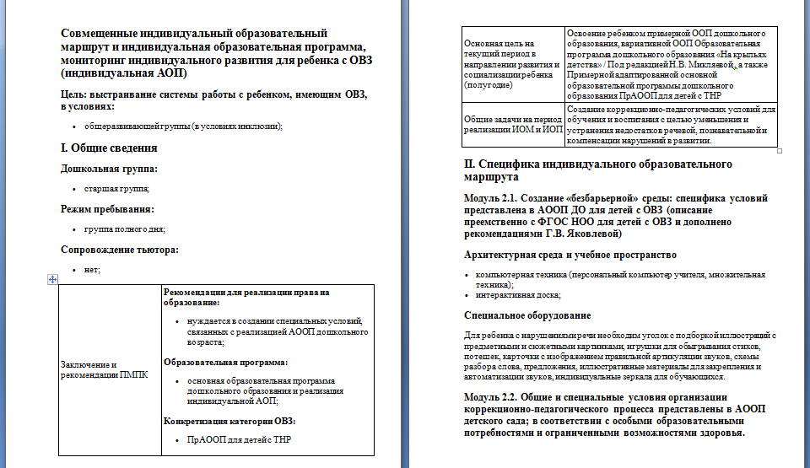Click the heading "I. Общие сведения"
pyautogui.click(x=109, y=148)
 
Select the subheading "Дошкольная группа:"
pyautogui.click(x=109, y=169)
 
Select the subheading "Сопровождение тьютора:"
pyautogui.click(x=120, y=249)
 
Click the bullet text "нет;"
pyautogui.click(x=93, y=269)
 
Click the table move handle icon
pyautogui.click(x=53, y=280)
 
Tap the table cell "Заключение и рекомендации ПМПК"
pyautogui.click(x=104, y=369)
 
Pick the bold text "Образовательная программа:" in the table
pyautogui.click(x=225, y=362)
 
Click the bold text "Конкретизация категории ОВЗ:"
pyautogui.click(x=229, y=420)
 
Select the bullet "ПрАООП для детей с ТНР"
pyautogui.click(x=239, y=439)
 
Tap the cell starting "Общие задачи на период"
pyautogui.click(x=512, y=125)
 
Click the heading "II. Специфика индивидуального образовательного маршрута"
pyautogui.click(x=598, y=170)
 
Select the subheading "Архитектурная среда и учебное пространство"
pyautogui.click(x=570, y=254)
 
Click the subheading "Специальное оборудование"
pyautogui.click(x=527, y=315)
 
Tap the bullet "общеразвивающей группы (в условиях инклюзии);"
pyautogui.click(x=183, y=126)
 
